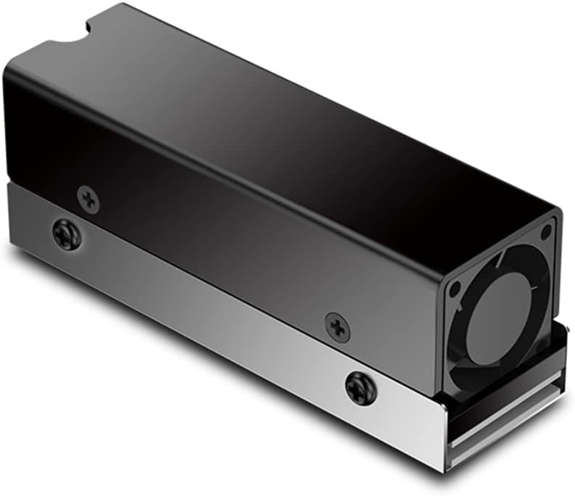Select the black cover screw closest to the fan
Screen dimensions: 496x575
point(337,327)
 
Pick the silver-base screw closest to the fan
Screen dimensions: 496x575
point(361,388)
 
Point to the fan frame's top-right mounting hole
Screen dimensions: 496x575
point(545,231)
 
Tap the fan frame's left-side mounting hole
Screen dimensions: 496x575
point(455,288)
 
